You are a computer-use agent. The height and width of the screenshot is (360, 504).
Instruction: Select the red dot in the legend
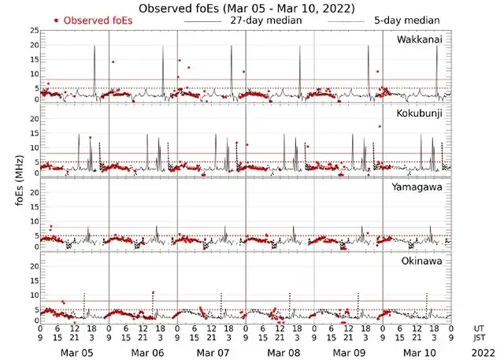coord(56,20)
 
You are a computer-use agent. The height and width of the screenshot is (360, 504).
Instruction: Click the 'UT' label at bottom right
coord(480,328)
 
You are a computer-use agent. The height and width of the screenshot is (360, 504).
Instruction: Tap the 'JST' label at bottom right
coord(480,338)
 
